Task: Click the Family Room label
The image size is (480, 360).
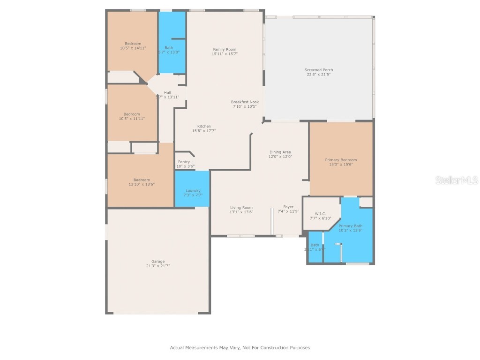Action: (225, 49)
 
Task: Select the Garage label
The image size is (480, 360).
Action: (158, 262)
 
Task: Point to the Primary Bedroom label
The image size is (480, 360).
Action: (341, 160)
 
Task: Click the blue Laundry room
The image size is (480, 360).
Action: (192, 188)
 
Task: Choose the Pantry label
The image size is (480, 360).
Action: (184, 162)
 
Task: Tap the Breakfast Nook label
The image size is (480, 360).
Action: (245, 102)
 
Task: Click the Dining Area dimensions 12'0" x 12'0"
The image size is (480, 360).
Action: (280, 157)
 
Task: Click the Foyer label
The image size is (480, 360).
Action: (288, 207)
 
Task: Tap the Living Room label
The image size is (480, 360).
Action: (241, 208)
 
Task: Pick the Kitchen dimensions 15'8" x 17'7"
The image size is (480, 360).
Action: (204, 131)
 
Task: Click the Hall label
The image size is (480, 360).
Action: (167, 92)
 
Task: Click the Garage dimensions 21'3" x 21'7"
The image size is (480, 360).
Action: (158, 266)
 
